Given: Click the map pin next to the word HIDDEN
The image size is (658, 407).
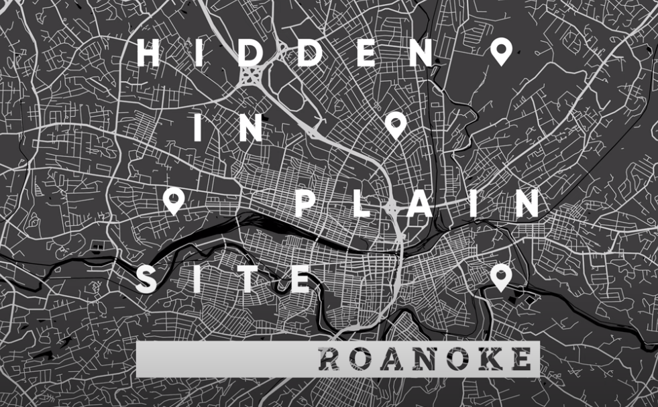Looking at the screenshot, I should point(500,50).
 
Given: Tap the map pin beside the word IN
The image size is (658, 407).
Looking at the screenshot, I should point(396,124).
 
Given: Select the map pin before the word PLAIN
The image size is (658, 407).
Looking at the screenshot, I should point(173,199).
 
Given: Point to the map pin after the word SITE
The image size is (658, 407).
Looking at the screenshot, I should point(500,277).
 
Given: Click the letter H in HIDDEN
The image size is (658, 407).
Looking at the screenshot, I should point(148,52).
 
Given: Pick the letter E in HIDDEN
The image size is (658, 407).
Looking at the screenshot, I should point(366,52).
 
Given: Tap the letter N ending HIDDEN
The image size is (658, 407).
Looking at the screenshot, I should point(423,52).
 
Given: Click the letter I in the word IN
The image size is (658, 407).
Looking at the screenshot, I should point(199,127).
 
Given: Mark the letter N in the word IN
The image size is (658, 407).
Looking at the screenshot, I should point(249,127).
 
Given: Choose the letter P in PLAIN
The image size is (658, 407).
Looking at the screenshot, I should point(306,202).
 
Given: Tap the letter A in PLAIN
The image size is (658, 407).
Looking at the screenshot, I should point(419,202).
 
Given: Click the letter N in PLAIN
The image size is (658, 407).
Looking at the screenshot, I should point(527,202).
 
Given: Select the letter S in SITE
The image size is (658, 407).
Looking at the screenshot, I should point(147,279).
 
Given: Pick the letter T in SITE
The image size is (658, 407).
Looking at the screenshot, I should point(248,279).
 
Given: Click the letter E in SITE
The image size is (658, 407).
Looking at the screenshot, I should point(300,279).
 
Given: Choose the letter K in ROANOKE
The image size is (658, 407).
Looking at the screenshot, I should point(488,360).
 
